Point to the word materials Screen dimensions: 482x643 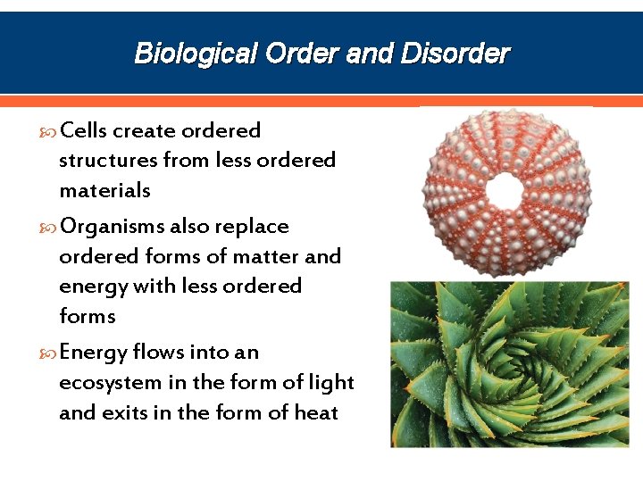pyautogui.click(x=104, y=190)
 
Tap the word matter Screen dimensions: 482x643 pyautogui.click(x=266, y=256)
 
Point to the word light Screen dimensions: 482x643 pyautogui.click(x=330, y=382)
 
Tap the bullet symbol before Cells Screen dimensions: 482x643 pyautogui.click(x=48, y=132)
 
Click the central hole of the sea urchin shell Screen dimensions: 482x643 pyautogui.click(x=506, y=188)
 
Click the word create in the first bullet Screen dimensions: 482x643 pyautogui.click(x=144, y=130)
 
